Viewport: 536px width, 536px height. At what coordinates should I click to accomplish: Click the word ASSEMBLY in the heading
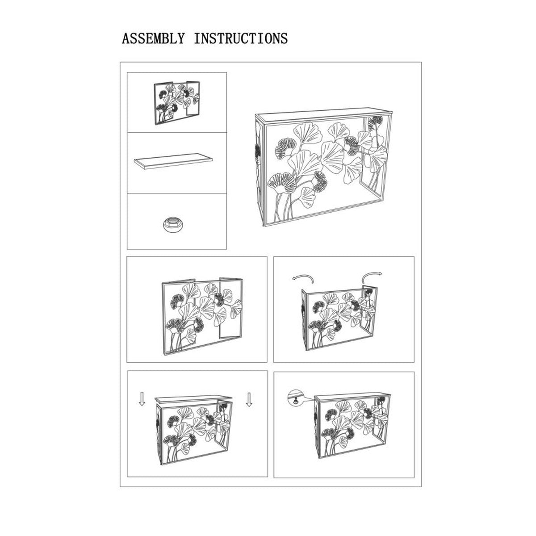click(x=153, y=38)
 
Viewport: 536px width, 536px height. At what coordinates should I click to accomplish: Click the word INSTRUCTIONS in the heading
click(x=241, y=38)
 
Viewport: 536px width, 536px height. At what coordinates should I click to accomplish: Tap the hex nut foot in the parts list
click(x=173, y=226)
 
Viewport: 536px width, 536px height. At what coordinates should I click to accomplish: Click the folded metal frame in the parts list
click(x=176, y=103)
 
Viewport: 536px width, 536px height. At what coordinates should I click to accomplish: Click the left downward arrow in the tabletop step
click(x=142, y=399)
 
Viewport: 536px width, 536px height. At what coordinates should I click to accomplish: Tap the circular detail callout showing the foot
click(x=295, y=398)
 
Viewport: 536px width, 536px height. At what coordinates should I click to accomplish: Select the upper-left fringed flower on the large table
click(x=286, y=148)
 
